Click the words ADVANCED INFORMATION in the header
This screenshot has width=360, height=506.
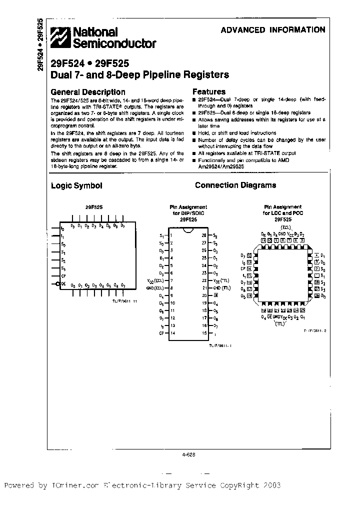(x=273, y=30)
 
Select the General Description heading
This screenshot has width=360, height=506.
(x=88, y=92)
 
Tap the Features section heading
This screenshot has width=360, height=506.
(x=209, y=92)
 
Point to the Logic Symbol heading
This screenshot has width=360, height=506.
(x=76, y=185)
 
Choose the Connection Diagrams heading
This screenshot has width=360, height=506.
(x=235, y=185)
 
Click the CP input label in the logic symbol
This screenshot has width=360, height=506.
(x=63, y=275)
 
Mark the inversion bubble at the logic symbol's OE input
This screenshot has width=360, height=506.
(x=57, y=283)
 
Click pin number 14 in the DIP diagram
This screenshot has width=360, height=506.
(x=172, y=332)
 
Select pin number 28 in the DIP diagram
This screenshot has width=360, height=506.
(x=203, y=235)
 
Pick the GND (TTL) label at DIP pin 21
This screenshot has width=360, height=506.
(x=221, y=288)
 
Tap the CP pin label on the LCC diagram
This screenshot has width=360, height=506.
(x=243, y=268)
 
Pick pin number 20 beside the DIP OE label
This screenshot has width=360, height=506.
(x=203, y=295)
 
